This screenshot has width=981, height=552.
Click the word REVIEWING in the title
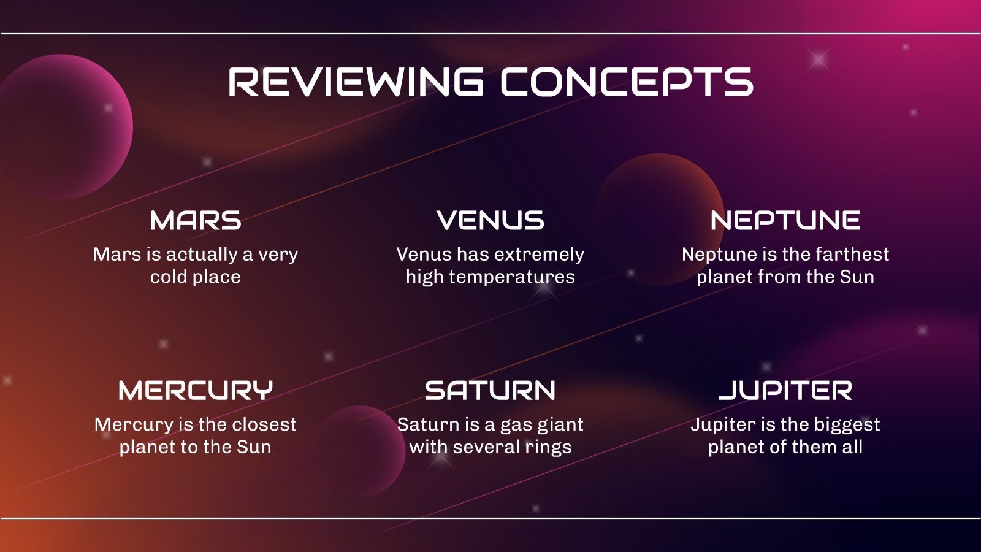(x=355, y=82)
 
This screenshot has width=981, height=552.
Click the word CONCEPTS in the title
(x=627, y=82)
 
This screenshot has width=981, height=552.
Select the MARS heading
(x=196, y=221)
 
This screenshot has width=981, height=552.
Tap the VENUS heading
(x=490, y=221)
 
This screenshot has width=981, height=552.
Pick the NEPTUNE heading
(x=785, y=221)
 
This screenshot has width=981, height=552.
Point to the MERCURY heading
(x=196, y=391)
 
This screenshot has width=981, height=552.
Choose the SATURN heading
(x=490, y=391)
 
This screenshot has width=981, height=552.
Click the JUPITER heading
(x=785, y=391)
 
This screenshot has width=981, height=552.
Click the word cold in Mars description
(x=168, y=277)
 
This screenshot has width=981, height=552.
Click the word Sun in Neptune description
(x=857, y=277)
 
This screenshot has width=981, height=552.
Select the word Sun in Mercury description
(x=254, y=447)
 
